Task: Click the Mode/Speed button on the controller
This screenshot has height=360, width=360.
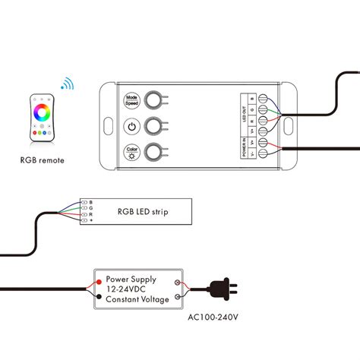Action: (x=130, y=99)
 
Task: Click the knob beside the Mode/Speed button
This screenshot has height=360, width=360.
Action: (x=155, y=99)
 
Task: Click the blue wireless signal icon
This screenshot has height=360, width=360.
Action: (x=68, y=84)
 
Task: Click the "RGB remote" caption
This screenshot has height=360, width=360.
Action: (x=43, y=160)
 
